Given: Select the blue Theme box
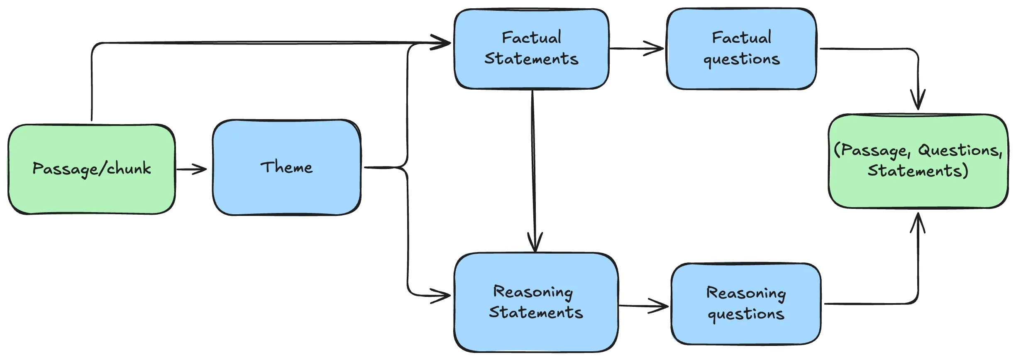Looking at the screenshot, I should pyautogui.click(x=286, y=191).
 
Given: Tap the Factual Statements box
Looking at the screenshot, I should pyautogui.click(x=531, y=75).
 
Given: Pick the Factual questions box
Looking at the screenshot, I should pyautogui.click(x=741, y=77).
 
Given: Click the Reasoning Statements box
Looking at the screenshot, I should pyautogui.click(x=535, y=332).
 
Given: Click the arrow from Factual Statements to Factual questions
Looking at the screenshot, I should pyautogui.click(x=637, y=49).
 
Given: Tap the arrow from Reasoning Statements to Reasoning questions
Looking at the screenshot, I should pyautogui.click(x=643, y=306).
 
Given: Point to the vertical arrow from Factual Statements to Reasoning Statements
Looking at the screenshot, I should pyautogui.click(x=534, y=166).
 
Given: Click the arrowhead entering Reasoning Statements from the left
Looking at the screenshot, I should pyautogui.click(x=442, y=296).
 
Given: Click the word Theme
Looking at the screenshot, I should pyautogui.click(x=286, y=167).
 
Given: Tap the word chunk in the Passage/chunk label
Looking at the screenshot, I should pyautogui.click(x=129, y=169).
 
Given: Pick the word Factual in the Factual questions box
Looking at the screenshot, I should pyautogui.click(x=741, y=38).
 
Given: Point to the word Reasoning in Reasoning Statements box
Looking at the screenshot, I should pyautogui.click(x=533, y=292).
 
